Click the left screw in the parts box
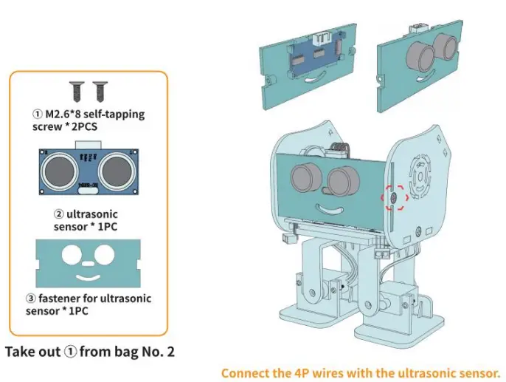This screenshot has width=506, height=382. (75, 92)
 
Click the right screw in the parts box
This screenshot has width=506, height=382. (97, 92)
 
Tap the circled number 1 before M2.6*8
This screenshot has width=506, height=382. (37, 115)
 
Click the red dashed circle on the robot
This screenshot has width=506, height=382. (393, 197)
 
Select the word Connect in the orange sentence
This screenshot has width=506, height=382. (244, 372)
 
